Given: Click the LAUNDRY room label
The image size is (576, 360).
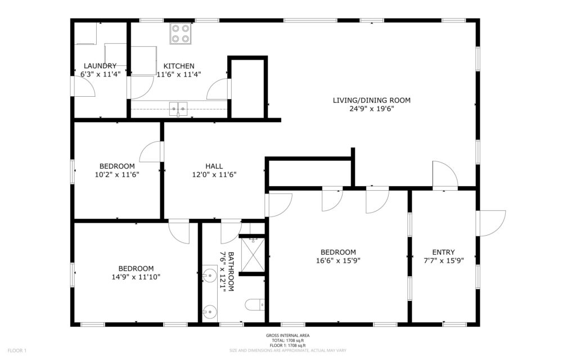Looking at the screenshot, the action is click(100, 66).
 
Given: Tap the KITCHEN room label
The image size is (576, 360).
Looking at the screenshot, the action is click(179, 66).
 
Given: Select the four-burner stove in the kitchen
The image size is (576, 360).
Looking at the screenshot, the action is click(180, 33).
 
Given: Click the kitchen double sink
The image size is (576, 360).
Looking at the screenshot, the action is click(178, 109).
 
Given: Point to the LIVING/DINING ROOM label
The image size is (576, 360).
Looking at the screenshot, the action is click(371, 100).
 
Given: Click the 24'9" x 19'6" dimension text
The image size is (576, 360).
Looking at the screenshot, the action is click(372, 109).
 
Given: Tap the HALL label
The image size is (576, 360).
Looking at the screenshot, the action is click(214, 166).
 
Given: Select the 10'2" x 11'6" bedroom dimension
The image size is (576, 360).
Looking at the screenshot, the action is click(117, 175).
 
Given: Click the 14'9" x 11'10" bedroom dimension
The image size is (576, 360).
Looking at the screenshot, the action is click(136, 277).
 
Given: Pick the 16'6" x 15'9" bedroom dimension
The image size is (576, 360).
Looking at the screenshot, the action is click(338, 261).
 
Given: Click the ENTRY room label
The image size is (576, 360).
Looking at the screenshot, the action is click(443, 253).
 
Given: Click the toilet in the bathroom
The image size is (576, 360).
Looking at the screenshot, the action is click(255, 304).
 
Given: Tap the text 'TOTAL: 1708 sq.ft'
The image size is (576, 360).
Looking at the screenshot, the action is click(287, 340).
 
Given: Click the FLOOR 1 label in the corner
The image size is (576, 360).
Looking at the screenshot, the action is click(17, 351).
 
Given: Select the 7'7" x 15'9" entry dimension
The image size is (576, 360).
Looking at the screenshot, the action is click(444, 261).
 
